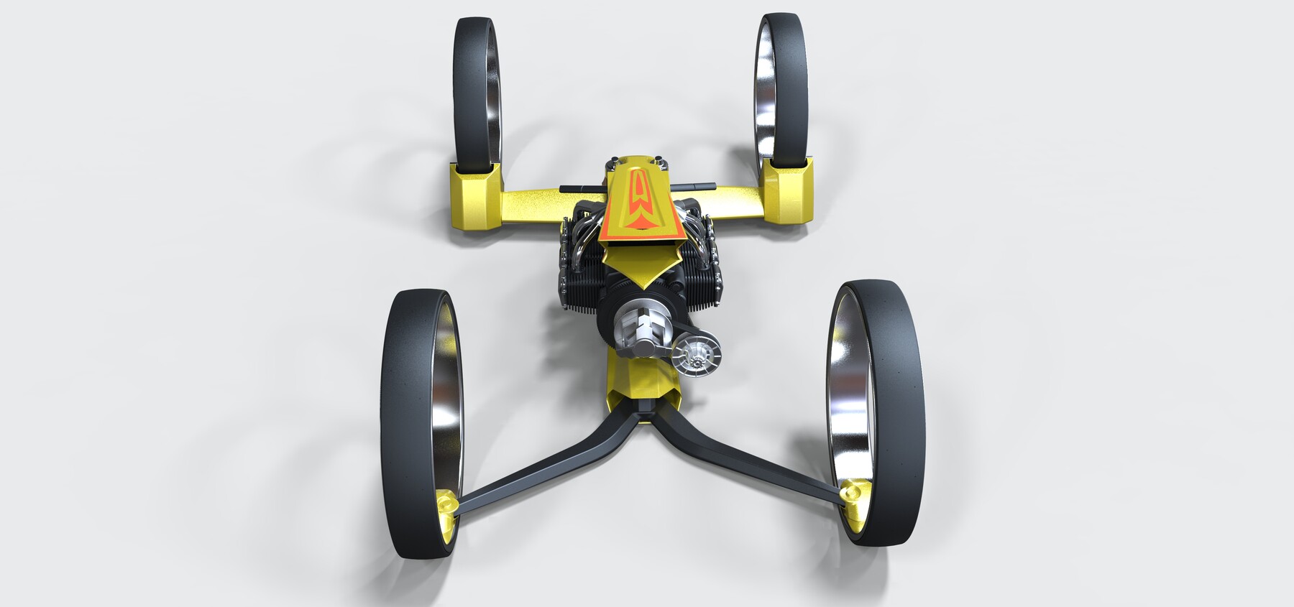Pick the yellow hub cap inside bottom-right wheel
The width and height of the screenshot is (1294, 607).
tap(854, 496)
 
